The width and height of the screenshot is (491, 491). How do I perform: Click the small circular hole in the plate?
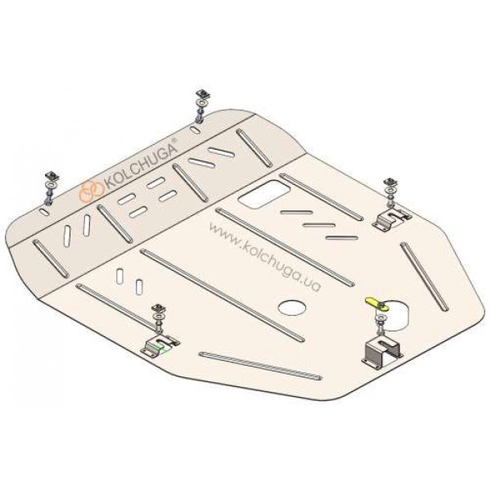click(x=293, y=308)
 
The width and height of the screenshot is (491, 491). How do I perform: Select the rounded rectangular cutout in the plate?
click(x=264, y=195)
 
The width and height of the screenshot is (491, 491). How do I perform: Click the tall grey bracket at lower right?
click(x=383, y=352)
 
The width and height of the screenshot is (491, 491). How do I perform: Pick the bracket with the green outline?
click(x=160, y=345)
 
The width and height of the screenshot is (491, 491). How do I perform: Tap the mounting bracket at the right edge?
click(x=391, y=218)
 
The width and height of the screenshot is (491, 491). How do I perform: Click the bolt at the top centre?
click(x=200, y=106)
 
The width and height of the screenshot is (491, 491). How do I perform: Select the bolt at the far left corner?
click(x=51, y=188)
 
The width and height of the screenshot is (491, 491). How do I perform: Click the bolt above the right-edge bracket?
click(x=391, y=191)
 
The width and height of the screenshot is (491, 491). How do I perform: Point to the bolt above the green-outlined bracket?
click(x=159, y=318)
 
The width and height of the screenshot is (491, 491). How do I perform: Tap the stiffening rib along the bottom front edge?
click(x=260, y=366)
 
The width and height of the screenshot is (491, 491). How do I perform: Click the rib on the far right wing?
click(x=424, y=277)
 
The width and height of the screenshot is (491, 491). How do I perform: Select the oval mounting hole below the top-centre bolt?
click(x=196, y=129)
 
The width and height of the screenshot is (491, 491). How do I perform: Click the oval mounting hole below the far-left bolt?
click(x=44, y=211)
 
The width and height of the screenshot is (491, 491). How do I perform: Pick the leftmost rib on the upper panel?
click(x=51, y=259)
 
